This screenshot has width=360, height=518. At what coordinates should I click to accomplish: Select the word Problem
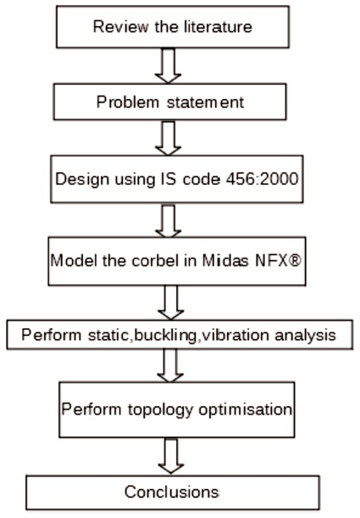[128, 102]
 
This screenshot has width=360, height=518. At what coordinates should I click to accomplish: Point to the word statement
[206, 102]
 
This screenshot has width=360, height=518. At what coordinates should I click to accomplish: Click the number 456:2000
[263, 179]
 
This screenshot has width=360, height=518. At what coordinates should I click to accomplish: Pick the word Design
[82, 180]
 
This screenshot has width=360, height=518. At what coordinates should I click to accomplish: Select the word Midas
[225, 260]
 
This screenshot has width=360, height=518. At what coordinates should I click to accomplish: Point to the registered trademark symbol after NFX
[295, 260]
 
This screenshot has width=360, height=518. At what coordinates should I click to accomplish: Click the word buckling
[165, 336]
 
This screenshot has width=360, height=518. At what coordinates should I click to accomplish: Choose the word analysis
[305, 336]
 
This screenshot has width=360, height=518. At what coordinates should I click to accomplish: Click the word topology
[160, 410]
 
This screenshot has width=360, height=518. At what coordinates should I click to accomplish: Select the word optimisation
[245, 410]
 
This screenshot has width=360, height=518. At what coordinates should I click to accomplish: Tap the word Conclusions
[172, 492]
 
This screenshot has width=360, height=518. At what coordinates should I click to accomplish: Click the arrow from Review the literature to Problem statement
[169, 65]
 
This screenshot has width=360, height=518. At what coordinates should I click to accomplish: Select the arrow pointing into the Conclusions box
[171, 456]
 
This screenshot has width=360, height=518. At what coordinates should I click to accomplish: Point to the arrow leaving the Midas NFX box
[170, 303]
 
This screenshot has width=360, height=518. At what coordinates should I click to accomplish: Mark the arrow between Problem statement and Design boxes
[169, 137]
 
